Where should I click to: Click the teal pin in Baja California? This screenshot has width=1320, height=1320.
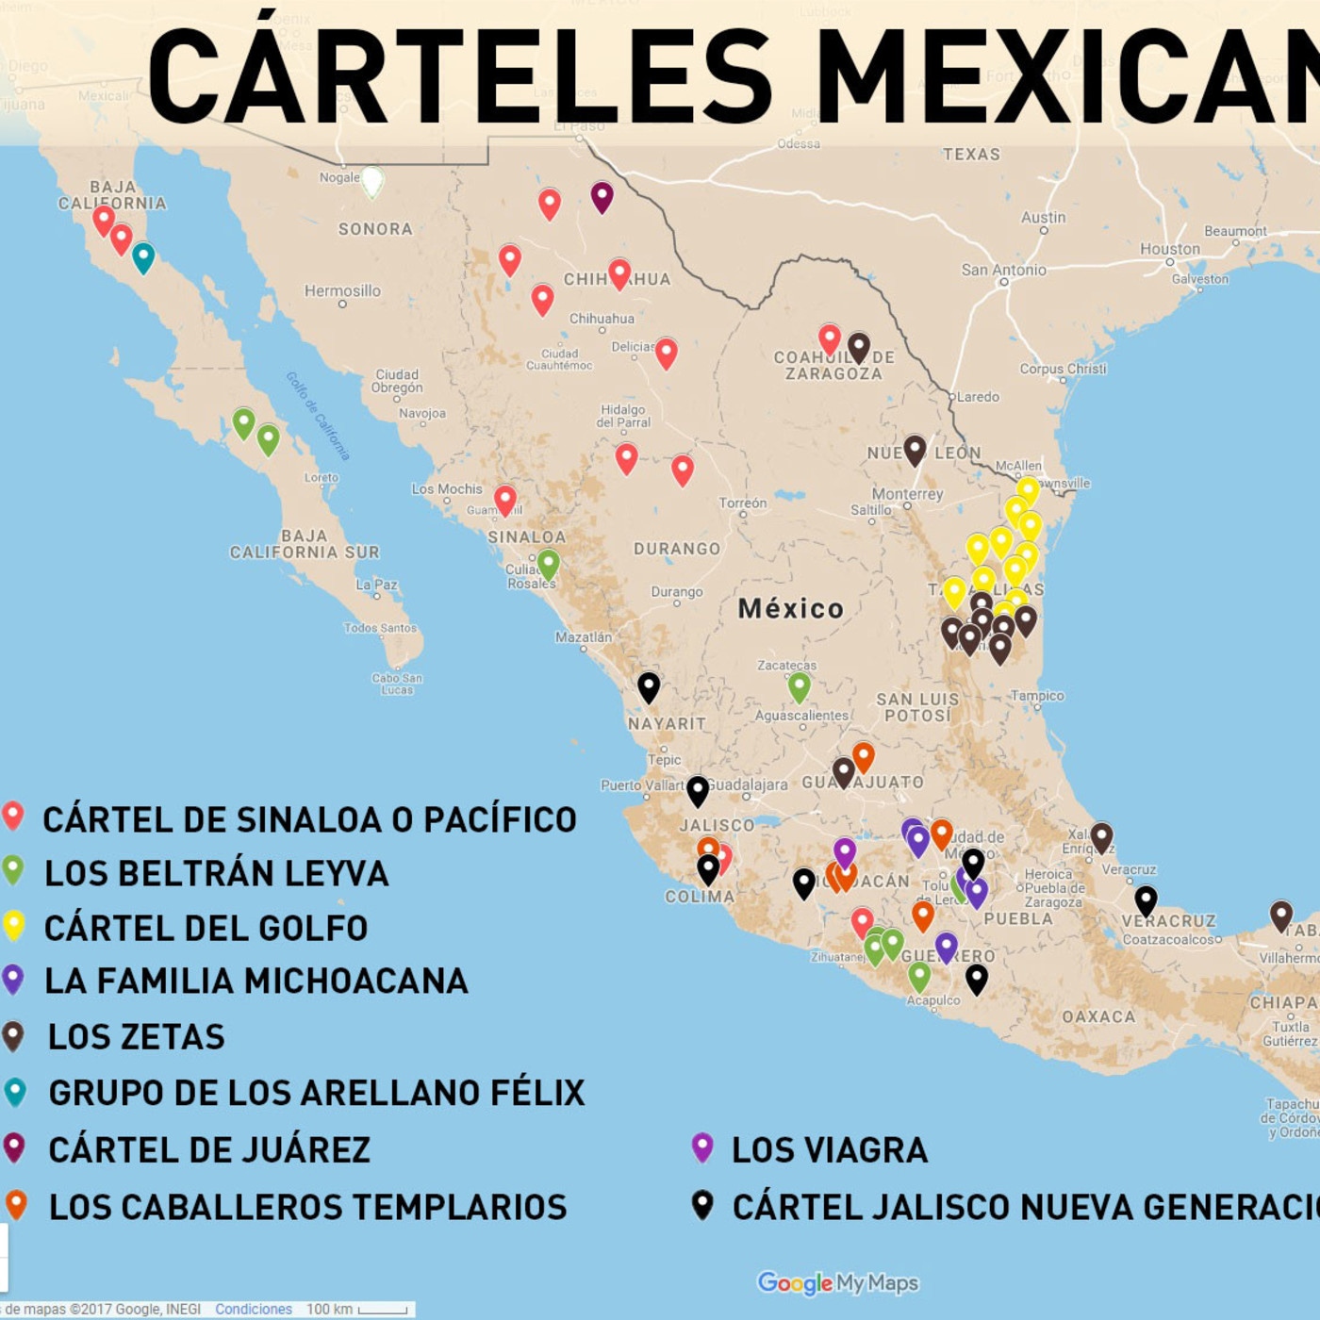[143, 256]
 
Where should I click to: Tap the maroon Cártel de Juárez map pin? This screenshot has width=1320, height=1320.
[602, 196]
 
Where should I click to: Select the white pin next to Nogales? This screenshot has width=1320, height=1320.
[372, 180]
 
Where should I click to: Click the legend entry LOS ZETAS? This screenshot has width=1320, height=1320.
[137, 1037]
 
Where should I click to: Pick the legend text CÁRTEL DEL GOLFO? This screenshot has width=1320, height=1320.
[206, 929]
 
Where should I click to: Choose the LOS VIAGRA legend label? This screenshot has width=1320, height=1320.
[830, 1150]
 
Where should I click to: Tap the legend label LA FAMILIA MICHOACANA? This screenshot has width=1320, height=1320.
[256, 982]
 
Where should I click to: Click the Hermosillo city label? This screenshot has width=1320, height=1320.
[342, 291]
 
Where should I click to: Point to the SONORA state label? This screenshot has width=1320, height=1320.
[375, 229]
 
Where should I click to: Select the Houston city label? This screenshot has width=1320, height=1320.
[1170, 249]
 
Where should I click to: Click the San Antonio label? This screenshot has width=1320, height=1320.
[1003, 271]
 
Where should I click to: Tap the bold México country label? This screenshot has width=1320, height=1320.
[790, 609]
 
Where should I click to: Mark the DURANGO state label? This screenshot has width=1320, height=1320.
[677, 549]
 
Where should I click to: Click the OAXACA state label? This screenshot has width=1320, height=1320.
[1098, 1016]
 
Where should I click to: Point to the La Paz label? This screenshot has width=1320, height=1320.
[377, 585]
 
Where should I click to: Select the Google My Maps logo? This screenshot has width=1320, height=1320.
[838, 1283]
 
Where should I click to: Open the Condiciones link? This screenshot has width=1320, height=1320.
[253, 1310]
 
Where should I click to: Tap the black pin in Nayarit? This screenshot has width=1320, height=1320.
[649, 686]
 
